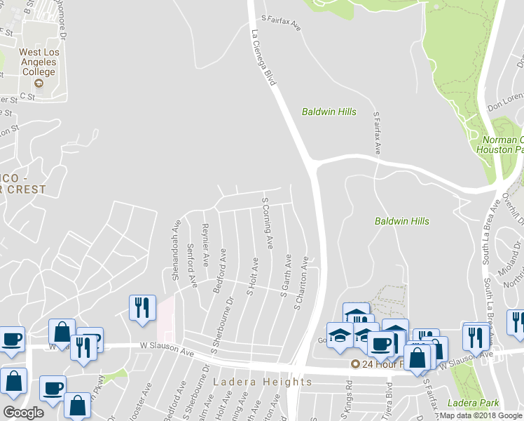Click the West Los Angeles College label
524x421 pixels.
(39, 62)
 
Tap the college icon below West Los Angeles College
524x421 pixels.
(39, 83)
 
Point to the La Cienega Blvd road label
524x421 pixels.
(263, 58)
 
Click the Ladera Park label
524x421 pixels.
(475, 403)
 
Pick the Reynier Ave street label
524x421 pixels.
(205, 246)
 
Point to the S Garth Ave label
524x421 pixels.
(286, 276)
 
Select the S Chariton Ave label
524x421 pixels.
(302, 283)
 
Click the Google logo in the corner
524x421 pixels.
(23, 413)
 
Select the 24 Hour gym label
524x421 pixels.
(378, 364)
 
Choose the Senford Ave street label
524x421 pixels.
(191, 265)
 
